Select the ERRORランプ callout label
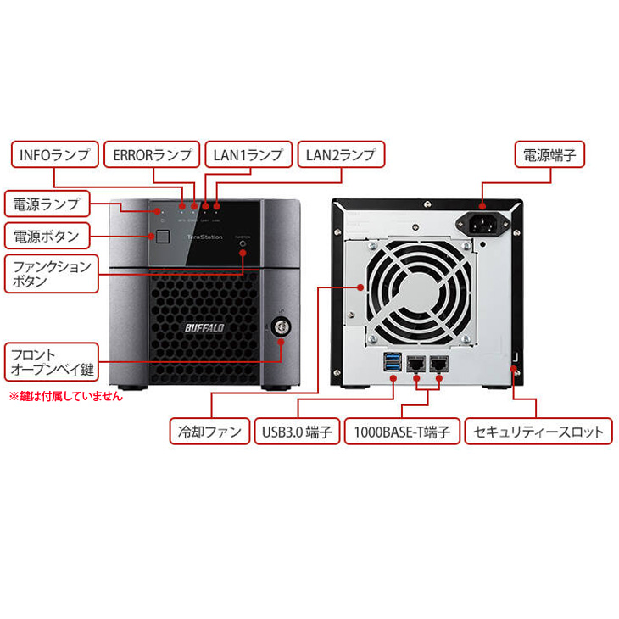[153, 155]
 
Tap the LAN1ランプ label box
[248, 155]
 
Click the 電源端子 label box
[549, 155]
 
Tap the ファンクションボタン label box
[50, 273]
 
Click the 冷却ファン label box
[209, 431]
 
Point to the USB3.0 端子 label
[297, 431]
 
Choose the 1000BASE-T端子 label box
[402, 431]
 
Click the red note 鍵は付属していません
[65, 396]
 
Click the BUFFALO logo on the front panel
[203, 328]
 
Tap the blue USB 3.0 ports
[392, 365]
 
